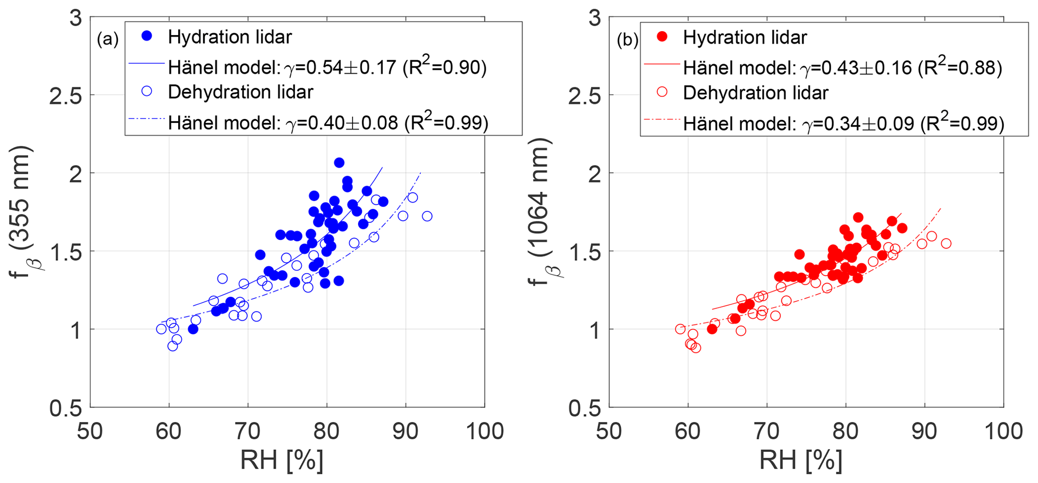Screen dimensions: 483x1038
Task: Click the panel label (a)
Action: (107, 39)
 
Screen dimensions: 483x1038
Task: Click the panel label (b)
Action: (627, 40)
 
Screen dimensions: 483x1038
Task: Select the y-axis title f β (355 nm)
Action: (27, 208)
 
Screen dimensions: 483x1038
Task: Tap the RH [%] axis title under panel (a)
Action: (282, 460)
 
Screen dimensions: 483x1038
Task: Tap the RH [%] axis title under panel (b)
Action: (800, 460)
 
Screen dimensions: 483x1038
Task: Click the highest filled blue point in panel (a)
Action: (339, 163)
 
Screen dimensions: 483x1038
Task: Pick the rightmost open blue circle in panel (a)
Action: (427, 216)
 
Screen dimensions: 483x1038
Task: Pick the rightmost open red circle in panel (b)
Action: (946, 244)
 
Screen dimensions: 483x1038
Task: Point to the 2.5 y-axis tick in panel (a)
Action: (65, 95)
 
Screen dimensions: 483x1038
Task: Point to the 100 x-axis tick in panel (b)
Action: (1003, 431)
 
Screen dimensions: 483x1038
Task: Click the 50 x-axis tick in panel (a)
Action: (90, 431)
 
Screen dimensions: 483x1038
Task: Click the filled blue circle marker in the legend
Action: (147, 36)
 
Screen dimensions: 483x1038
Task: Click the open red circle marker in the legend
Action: (662, 92)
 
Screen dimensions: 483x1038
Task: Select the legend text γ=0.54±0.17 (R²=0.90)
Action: (386, 67)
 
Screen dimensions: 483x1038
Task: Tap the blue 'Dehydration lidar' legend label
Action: (241, 92)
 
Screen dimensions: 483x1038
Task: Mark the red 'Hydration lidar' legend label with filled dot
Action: (745, 37)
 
